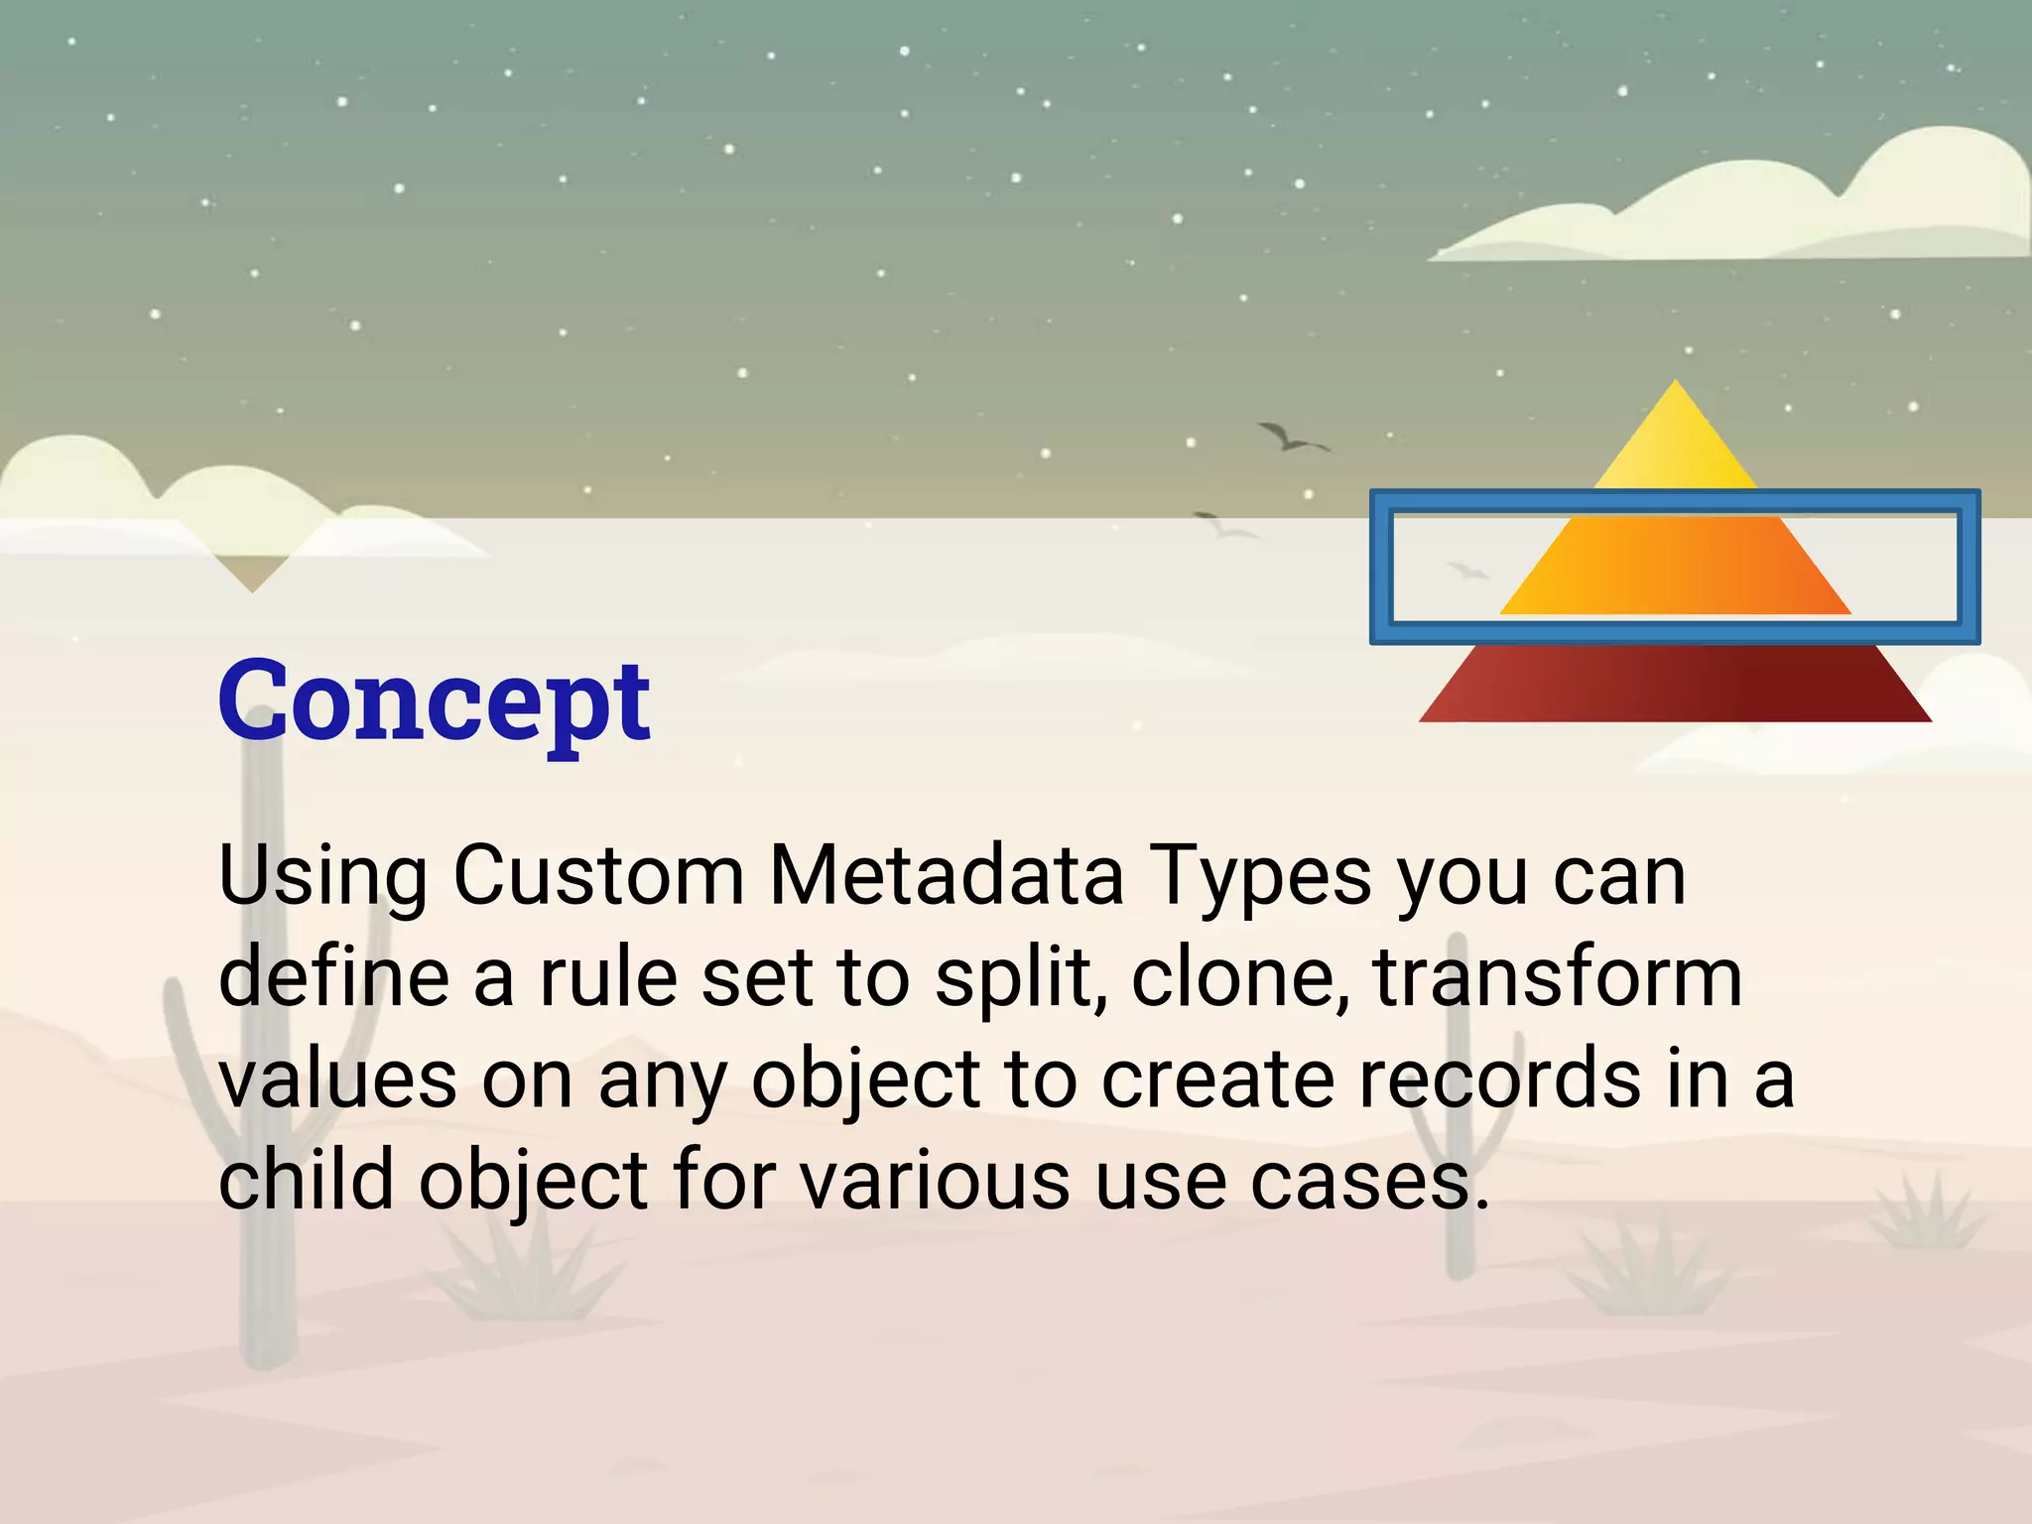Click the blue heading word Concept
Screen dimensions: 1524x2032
(434, 701)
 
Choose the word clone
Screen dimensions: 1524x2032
(1240, 977)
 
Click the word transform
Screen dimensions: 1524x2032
(1558, 977)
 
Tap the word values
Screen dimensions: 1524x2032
(337, 1079)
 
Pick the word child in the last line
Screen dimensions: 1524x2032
(306, 1181)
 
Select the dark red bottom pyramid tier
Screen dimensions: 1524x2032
(1676, 685)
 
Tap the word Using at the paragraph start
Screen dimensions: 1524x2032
(322, 878)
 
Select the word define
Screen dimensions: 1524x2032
(332, 977)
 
